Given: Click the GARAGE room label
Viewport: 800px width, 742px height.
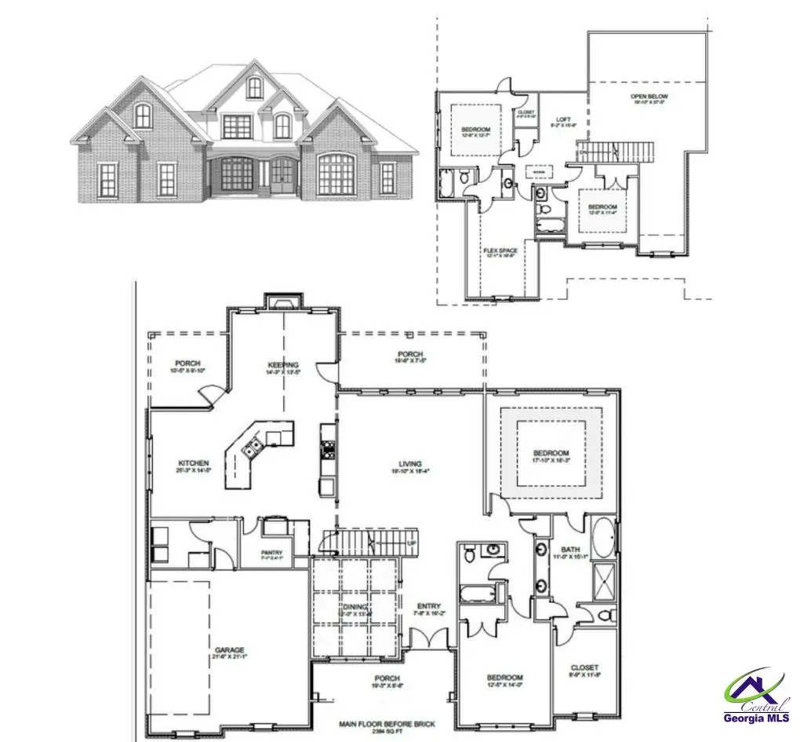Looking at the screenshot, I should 230,650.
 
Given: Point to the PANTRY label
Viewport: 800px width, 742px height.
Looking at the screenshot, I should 271,553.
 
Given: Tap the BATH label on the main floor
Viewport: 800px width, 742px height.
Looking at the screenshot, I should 569,550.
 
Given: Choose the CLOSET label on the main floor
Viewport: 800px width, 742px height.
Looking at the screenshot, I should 584,667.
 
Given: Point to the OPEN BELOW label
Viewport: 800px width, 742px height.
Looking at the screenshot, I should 649,97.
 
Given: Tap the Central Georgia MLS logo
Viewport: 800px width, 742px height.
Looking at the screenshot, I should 757,697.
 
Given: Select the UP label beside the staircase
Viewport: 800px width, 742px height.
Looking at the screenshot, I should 411,543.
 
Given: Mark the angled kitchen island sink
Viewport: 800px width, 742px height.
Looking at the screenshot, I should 253,448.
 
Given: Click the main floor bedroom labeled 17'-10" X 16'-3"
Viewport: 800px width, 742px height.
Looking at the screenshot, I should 551,454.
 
